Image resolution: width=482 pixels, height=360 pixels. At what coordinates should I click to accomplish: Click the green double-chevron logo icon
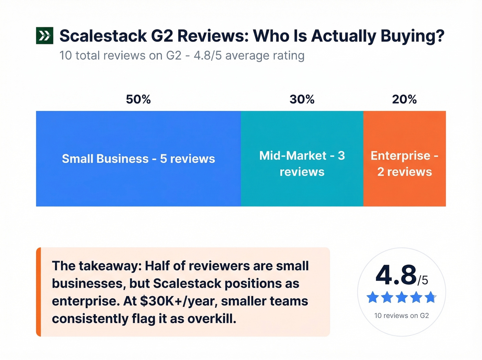[x=44, y=35]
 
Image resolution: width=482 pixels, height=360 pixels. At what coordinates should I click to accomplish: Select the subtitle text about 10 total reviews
[x=182, y=55]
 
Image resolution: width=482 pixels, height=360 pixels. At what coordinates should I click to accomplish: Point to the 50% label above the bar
[x=138, y=100]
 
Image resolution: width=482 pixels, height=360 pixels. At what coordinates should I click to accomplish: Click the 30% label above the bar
[x=302, y=100]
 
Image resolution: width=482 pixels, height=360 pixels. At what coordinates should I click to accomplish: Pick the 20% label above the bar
[x=404, y=100]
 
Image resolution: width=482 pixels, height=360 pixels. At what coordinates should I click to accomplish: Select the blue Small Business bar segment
[x=138, y=179]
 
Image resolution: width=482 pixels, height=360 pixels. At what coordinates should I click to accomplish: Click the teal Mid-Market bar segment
[x=302, y=189]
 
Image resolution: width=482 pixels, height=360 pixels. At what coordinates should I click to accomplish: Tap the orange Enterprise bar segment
[x=404, y=189]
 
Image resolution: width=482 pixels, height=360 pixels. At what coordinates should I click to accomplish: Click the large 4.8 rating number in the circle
[x=396, y=275]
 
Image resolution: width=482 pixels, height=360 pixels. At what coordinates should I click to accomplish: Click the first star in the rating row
[x=373, y=297]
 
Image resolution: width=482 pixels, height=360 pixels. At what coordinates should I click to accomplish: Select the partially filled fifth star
[x=430, y=297]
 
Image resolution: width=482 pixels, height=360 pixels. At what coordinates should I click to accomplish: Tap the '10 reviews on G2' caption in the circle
[x=401, y=316]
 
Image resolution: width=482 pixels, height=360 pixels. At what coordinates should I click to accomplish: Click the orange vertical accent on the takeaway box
[x=39, y=292]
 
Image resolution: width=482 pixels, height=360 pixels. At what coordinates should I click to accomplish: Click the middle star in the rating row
[x=401, y=297]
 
